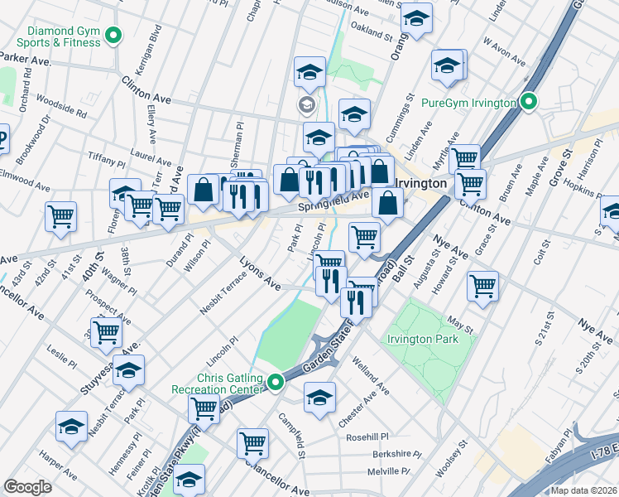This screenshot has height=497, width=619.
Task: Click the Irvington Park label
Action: (421, 340)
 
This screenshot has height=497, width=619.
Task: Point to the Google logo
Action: (27, 487)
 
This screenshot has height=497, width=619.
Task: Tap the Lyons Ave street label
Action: (261, 273)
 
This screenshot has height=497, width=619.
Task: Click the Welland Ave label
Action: (370, 374)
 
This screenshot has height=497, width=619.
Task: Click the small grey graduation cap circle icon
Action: (306, 105)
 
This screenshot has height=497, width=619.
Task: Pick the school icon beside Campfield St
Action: (319, 397)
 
